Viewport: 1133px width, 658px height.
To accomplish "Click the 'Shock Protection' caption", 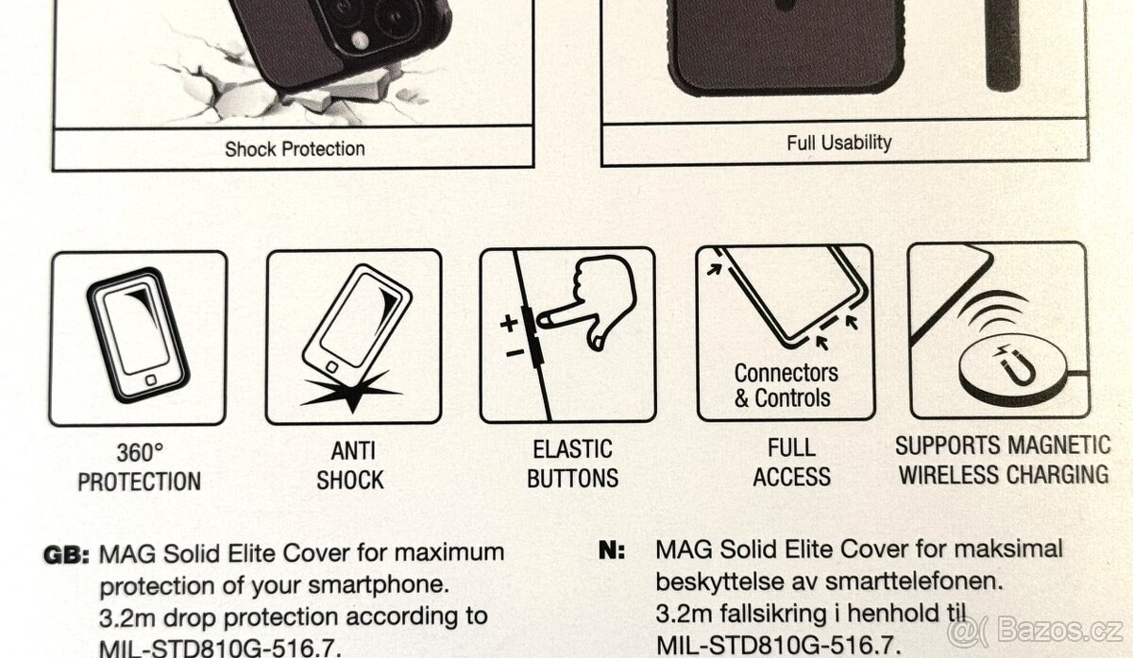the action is click(x=295, y=149).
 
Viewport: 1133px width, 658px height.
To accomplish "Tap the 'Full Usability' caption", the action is click(x=839, y=143).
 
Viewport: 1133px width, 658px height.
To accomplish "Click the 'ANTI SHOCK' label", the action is click(x=351, y=465).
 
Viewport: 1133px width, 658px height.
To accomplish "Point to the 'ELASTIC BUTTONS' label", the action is click(x=572, y=464).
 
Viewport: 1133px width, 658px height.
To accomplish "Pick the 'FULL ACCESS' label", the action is click(x=791, y=463).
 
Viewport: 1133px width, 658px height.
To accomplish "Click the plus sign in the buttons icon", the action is click(x=509, y=323).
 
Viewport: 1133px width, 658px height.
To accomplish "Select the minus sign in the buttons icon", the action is click(x=515, y=352).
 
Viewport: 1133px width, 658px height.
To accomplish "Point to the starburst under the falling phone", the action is click(x=352, y=393).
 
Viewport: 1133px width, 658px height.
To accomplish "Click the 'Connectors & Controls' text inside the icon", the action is click(x=786, y=385).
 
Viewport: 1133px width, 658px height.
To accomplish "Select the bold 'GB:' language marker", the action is click(x=67, y=555).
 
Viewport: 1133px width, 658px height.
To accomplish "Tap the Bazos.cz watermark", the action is click(x=1035, y=631).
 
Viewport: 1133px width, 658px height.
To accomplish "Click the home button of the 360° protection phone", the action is click(x=151, y=380).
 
